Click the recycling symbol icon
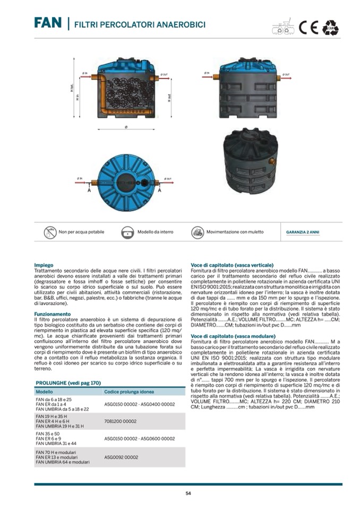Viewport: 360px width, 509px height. point(331,27)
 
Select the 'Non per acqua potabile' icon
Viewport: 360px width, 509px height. point(50,232)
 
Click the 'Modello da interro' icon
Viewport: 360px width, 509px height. point(127,232)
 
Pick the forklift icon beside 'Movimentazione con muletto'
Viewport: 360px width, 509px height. point(198,232)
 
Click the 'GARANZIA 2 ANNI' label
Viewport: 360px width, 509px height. point(303,232)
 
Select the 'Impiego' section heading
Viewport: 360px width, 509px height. point(44,265)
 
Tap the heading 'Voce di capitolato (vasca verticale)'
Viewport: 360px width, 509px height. point(232,265)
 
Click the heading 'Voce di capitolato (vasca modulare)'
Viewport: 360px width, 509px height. point(233,337)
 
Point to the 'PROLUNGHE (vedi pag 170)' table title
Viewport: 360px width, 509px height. point(68,383)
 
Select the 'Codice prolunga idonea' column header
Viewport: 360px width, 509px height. point(129,392)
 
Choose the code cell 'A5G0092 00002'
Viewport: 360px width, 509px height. point(121,456)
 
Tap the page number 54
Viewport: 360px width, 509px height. point(188,493)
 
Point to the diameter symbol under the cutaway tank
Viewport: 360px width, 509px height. point(126,127)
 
